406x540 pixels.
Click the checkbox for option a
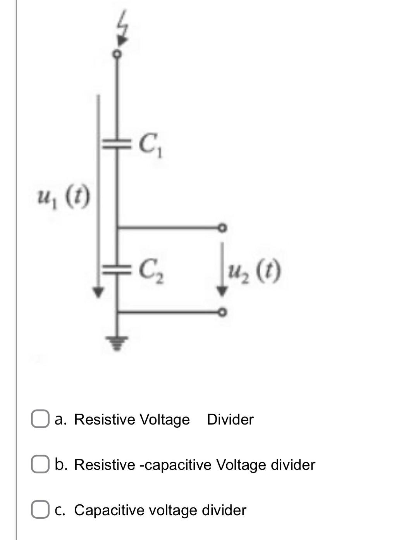(40, 420)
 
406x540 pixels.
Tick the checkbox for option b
(40, 465)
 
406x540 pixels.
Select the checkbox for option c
(40, 510)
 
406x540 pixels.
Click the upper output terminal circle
(222, 228)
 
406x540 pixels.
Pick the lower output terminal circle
(222, 312)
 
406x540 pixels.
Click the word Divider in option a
(230, 420)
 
